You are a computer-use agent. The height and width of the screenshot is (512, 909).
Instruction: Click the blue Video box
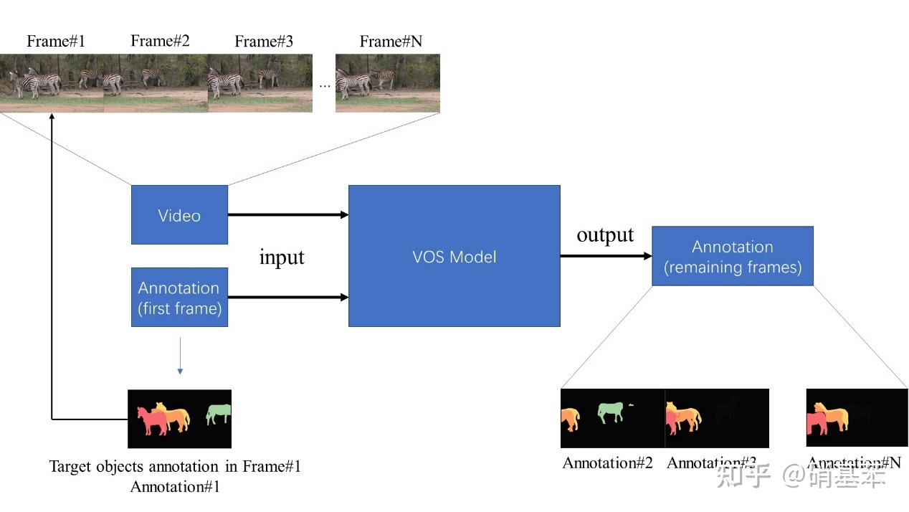click(x=179, y=215)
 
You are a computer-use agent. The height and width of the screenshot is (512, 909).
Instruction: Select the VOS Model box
click(x=454, y=256)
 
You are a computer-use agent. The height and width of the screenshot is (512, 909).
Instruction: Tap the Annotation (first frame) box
click(x=179, y=298)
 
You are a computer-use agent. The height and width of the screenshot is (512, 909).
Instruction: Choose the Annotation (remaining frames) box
click(x=732, y=257)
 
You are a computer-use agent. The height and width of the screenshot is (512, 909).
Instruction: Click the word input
click(x=282, y=257)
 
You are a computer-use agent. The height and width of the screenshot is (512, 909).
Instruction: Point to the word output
click(x=605, y=234)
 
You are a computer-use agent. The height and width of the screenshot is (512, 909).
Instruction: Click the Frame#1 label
click(x=56, y=41)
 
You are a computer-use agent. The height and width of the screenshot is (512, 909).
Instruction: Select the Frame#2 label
click(x=160, y=41)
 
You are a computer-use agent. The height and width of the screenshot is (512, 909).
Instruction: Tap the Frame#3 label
click(x=264, y=41)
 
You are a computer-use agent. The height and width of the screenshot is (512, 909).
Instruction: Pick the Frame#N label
click(x=391, y=41)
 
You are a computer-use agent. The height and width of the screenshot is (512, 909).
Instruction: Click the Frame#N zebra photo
click(x=387, y=83)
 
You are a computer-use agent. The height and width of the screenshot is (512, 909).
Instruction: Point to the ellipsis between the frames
click(x=325, y=85)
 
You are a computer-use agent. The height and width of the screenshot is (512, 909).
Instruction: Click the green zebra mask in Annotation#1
click(x=219, y=414)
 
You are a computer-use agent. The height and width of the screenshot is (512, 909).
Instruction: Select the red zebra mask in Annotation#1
click(x=153, y=422)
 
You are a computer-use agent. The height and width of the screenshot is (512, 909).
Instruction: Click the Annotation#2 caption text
click(x=607, y=463)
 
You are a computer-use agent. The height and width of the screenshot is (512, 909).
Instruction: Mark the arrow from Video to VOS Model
click(x=287, y=214)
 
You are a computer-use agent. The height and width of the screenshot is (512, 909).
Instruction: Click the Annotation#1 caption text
click(x=175, y=487)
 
